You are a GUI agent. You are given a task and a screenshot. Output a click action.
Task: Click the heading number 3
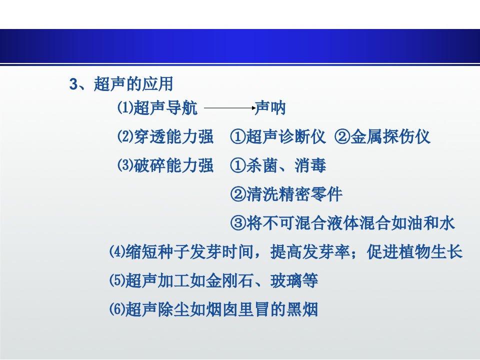[x=74, y=84]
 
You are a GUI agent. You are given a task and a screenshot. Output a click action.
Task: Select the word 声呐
[x=270, y=108]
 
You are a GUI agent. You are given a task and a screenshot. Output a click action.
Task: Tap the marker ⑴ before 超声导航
[x=125, y=108]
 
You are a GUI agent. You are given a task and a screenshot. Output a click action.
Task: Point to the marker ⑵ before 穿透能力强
[x=125, y=136]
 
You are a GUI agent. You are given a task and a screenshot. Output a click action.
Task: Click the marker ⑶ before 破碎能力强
[x=125, y=165]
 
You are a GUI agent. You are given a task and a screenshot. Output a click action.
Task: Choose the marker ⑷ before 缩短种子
[x=117, y=251]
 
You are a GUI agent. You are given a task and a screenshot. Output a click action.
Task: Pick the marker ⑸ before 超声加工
[x=117, y=280]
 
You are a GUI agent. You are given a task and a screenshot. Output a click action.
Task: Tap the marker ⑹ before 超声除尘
[x=117, y=309]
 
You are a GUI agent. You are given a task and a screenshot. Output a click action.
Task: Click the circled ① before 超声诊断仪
[x=238, y=136]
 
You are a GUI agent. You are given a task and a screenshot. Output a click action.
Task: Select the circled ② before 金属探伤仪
[x=342, y=136]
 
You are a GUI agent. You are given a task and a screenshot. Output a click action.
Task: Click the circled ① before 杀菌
[x=238, y=165]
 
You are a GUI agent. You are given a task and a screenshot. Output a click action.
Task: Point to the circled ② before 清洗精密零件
[x=238, y=194]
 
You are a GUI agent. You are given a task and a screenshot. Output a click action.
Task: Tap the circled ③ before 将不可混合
[x=238, y=223]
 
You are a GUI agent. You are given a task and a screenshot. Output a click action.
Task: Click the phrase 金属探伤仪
[x=390, y=136]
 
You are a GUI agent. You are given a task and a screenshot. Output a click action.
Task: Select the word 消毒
[x=310, y=165]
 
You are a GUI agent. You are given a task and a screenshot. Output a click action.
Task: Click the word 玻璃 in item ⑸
[x=286, y=280]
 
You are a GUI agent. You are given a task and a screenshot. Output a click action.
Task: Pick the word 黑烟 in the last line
[x=302, y=309]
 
